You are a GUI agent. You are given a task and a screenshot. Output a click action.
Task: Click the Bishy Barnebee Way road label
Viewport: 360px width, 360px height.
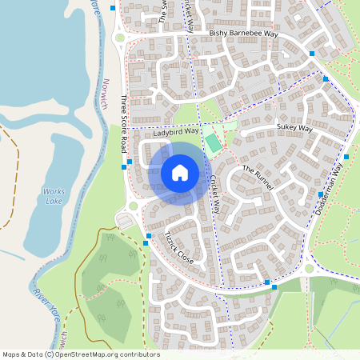pos(243,34)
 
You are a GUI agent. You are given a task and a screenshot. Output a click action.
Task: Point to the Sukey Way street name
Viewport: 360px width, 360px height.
pos(294,126)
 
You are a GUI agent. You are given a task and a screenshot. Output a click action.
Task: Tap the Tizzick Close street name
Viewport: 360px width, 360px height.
pos(178,247)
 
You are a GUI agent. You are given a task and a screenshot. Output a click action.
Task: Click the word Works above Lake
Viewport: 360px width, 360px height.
pos(54,192)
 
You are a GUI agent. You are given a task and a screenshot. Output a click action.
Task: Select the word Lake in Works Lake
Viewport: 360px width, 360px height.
pos(54,201)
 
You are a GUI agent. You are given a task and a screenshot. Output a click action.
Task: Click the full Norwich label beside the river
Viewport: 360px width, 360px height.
pos(110,95)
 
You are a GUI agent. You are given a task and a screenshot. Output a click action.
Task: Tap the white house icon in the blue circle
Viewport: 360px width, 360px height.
pos(180,172)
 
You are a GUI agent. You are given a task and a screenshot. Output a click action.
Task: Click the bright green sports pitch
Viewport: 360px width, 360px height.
pos(213,143)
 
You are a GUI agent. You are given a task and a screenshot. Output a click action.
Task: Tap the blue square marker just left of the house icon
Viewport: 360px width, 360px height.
pos(130,162)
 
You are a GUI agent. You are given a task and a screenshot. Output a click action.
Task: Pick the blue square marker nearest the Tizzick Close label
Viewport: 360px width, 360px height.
pos(149,236)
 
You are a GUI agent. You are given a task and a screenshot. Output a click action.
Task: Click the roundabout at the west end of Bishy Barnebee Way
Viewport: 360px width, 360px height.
pos(120,37)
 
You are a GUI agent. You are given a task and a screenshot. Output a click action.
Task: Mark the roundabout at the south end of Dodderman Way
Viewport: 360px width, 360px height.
pos(310,269)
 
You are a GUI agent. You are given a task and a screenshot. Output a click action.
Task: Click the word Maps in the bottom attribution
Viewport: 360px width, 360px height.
pos(12,354)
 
